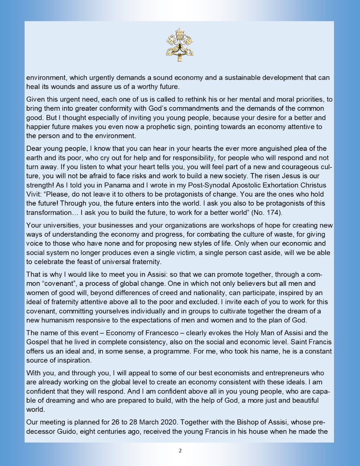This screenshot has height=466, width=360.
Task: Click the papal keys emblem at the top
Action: click(x=180, y=45)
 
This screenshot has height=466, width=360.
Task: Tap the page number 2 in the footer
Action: click(x=180, y=451)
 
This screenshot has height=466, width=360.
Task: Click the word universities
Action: click(x=57, y=225)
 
